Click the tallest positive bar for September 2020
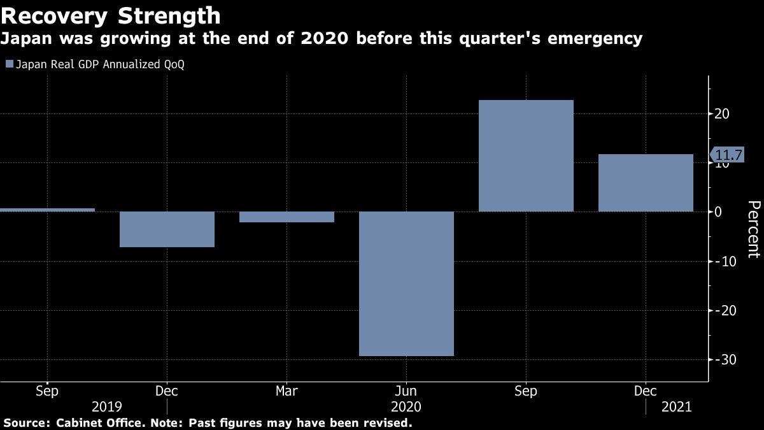pos(526,156)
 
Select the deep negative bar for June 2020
pos(406,283)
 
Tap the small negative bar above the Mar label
pos(286,217)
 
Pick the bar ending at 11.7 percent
pos(646,183)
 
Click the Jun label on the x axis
pos(406,390)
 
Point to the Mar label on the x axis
pos(286,390)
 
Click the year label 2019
pos(107,406)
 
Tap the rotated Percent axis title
pos(754,229)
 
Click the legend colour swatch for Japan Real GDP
pos(9,64)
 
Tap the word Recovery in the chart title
pos(52,15)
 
